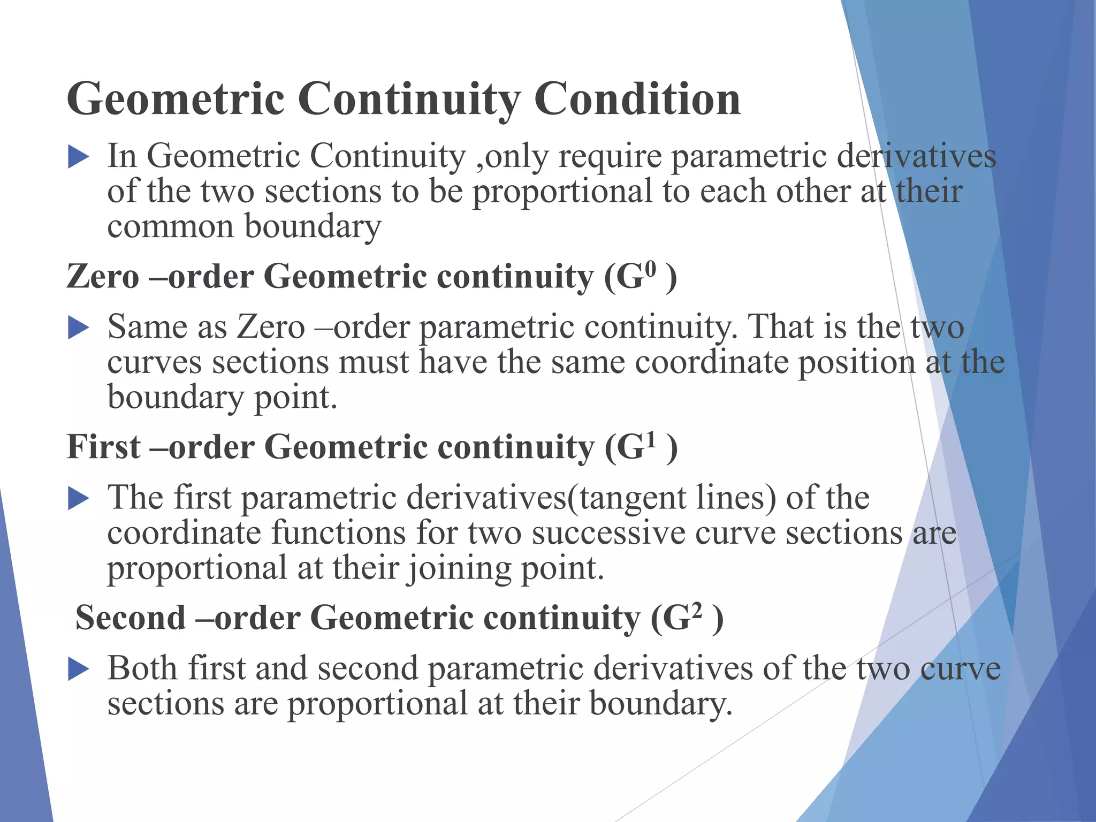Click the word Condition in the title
click(x=637, y=99)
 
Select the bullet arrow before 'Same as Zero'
click(x=78, y=328)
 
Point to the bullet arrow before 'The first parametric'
click(x=78, y=499)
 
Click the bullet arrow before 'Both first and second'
click(x=78, y=669)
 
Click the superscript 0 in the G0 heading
click(x=650, y=269)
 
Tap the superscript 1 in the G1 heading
click(x=650, y=439)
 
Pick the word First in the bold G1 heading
click(x=104, y=447)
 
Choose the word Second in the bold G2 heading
click(x=131, y=618)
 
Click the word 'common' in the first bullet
click(x=170, y=227)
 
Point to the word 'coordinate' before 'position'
click(x=712, y=363)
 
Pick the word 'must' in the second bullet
click(x=374, y=363)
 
